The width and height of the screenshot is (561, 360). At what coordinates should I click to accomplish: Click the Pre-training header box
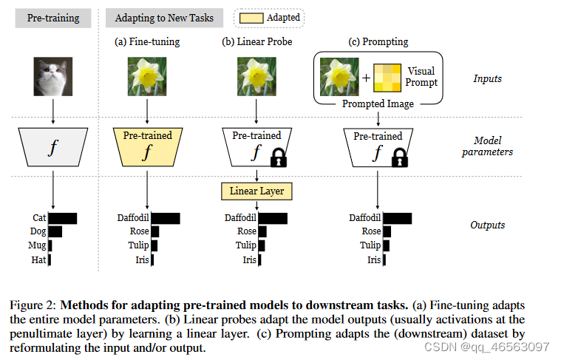(53, 18)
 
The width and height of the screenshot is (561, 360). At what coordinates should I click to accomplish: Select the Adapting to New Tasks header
(163, 18)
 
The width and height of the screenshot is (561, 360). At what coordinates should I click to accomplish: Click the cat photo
(52, 78)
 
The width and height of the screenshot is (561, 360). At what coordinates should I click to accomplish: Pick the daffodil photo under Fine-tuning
(147, 78)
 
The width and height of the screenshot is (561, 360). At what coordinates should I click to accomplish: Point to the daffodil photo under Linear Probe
(256, 78)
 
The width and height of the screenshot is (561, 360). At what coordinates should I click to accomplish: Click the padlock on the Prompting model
(400, 157)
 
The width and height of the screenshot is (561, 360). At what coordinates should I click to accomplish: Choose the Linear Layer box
(256, 191)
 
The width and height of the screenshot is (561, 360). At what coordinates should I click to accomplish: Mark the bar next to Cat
(63, 218)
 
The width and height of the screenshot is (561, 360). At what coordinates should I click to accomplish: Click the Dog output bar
(55, 231)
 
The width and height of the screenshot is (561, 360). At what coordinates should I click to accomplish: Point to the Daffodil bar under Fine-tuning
(166, 218)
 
